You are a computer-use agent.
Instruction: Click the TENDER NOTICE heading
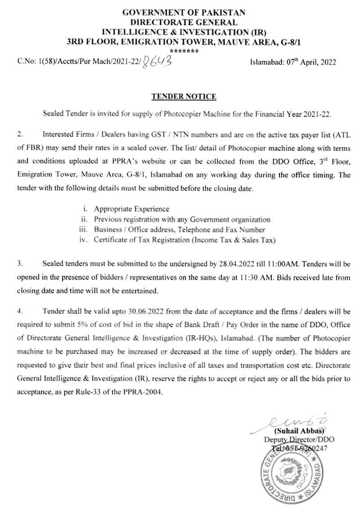184,96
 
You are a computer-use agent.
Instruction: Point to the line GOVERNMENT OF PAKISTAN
184,13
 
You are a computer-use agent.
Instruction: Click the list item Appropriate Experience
131,209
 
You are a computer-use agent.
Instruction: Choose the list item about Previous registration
182,220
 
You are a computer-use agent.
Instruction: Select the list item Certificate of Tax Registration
184,240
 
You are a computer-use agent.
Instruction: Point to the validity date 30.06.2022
130,311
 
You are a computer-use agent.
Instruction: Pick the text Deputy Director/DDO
299,440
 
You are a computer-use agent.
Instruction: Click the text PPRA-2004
143,392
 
